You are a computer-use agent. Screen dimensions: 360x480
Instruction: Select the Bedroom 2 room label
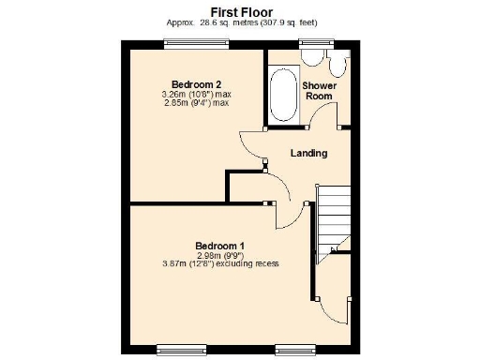tap(196, 84)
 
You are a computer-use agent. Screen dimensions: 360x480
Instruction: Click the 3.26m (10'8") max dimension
tap(196, 95)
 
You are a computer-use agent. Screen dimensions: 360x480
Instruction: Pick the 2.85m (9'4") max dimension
tap(196, 103)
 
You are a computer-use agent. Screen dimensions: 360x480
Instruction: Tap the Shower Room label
tap(319, 90)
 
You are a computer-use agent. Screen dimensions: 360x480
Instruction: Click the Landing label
tap(308, 153)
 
